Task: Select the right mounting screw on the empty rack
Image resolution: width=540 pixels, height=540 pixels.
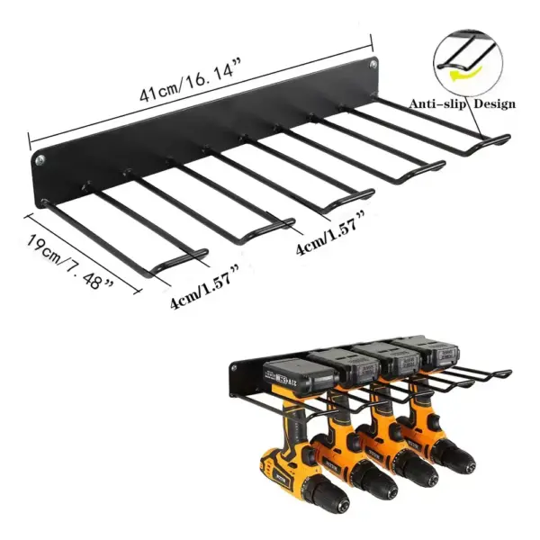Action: pyautogui.click(x=373, y=65)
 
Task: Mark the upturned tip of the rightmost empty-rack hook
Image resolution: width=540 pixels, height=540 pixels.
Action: pyautogui.click(x=506, y=139)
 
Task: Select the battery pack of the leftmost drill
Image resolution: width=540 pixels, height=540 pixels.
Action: pyautogui.click(x=286, y=374)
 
